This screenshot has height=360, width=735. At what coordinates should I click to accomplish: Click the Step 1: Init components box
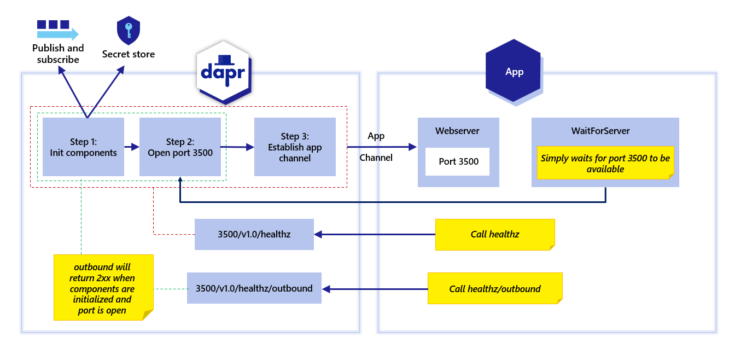83,147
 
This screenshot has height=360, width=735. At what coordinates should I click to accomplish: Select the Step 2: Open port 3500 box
180,147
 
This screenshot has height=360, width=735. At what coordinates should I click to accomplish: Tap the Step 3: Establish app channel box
295,147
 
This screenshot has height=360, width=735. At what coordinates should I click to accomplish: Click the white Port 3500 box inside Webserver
458,161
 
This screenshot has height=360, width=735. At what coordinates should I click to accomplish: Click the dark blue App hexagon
514,71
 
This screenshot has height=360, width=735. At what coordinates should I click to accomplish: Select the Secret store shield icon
129,31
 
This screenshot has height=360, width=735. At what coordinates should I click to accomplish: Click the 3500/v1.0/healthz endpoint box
254,234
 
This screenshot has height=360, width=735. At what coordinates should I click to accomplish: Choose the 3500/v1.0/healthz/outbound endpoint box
254,288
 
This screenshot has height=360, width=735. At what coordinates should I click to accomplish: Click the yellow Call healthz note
495,234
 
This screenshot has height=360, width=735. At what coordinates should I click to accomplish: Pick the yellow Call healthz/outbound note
495,288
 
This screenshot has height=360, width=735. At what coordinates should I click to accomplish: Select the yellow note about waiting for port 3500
605,163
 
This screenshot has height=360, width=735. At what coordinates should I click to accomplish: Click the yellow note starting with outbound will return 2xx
103,287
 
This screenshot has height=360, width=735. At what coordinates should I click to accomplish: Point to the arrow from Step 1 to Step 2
132,147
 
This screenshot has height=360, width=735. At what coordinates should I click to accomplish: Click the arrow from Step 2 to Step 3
237,147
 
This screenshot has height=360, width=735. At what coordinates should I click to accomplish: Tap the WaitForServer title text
600,131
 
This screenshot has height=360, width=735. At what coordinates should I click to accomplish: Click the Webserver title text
457,131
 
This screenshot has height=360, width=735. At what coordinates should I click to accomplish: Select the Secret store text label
129,54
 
